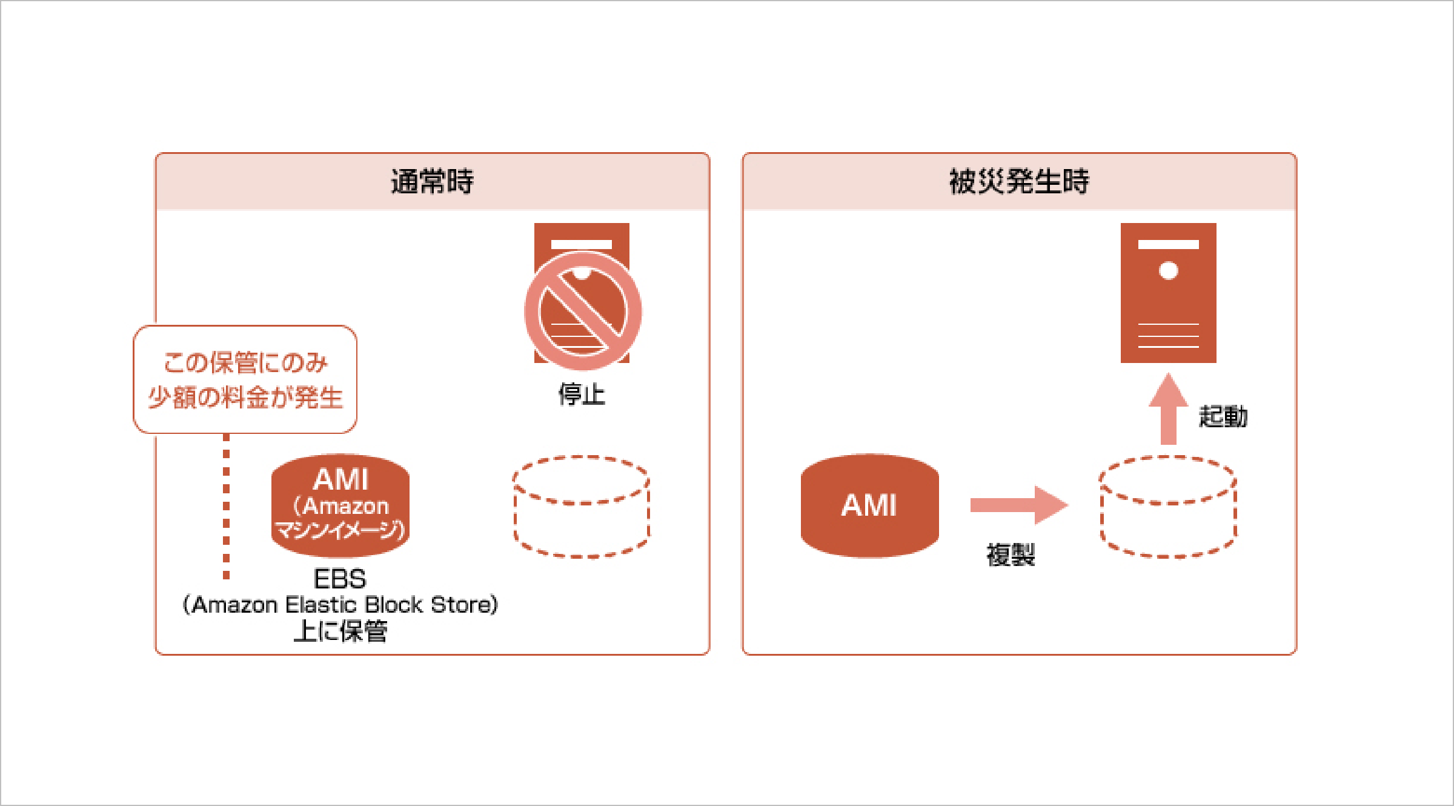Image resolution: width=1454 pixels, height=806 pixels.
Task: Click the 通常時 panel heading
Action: [x=432, y=181]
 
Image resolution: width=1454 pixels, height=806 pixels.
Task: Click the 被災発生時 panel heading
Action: [x=1019, y=181]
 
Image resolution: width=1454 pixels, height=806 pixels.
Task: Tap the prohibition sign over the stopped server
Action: [x=583, y=311]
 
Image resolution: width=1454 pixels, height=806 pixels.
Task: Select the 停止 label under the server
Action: [x=582, y=395]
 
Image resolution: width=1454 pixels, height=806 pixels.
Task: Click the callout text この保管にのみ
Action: [x=245, y=362]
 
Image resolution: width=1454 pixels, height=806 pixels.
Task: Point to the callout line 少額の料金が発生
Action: [x=245, y=398]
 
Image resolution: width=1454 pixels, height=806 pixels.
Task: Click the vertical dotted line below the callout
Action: [x=227, y=506]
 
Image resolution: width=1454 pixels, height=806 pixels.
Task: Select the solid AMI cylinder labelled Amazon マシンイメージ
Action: [x=340, y=505]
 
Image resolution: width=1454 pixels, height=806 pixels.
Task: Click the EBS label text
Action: [x=340, y=579]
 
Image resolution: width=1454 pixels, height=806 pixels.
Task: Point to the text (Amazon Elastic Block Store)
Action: [x=340, y=605]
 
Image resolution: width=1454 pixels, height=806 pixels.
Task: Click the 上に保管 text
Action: [x=340, y=631]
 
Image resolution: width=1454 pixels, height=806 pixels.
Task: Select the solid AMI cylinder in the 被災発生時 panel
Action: [x=869, y=505]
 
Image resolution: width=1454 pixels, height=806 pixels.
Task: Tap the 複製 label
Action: [x=1011, y=555]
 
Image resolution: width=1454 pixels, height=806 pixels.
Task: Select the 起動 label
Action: [x=1223, y=417]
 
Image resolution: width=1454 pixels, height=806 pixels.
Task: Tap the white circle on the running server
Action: [x=1169, y=270]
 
